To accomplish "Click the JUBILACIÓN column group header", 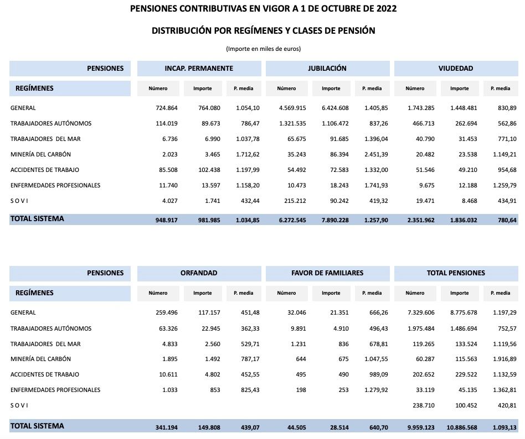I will pyautogui.click(x=327, y=69).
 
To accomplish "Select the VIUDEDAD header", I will pyautogui.click(x=455, y=69).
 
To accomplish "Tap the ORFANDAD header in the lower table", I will pyautogui.click(x=199, y=273).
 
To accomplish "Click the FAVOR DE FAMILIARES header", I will pyautogui.click(x=327, y=273).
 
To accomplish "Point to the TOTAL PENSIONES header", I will pyautogui.click(x=455, y=273).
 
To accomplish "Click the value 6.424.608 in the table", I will pyautogui.click(x=333, y=108).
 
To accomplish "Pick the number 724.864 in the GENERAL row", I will pyautogui.click(x=166, y=108).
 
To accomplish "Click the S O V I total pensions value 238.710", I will pyautogui.click(x=424, y=405).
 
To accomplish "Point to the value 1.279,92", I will pyautogui.click(x=375, y=390).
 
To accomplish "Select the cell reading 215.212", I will pyautogui.click(x=294, y=201).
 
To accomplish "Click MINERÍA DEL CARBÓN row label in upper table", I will pyautogui.click(x=40, y=154).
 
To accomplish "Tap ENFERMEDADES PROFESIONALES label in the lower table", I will pyautogui.click(x=55, y=390).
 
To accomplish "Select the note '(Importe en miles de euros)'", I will pyautogui.click(x=263, y=49).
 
